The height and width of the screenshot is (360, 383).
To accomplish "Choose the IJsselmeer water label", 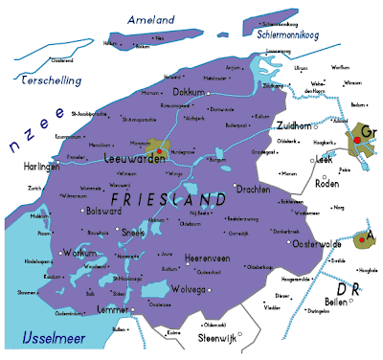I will (x=45, y=338).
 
